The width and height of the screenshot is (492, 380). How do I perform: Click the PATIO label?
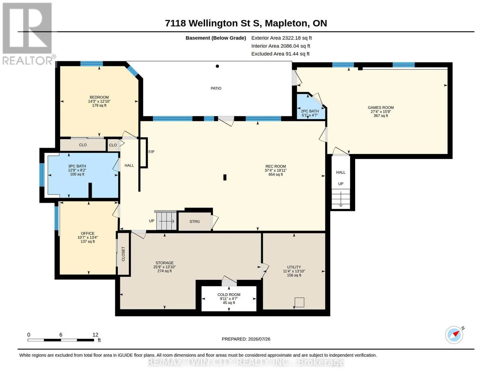[216, 88]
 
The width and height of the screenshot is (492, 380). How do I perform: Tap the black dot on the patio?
[217, 66]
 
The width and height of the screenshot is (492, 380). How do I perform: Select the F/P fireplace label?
[151, 152]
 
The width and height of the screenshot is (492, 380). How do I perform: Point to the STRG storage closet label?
[195, 222]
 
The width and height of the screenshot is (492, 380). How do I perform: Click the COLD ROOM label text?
[229, 295]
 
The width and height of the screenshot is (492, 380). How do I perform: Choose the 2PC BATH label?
[310, 111]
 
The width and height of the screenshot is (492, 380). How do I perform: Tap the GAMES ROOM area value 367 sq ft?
[380, 116]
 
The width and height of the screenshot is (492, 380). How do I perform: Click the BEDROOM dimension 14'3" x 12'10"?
[99, 101]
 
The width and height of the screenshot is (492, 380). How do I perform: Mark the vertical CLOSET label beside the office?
[123, 254]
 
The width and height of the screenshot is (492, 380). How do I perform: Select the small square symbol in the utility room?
[299, 302]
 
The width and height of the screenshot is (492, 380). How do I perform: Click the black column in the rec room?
[225, 177]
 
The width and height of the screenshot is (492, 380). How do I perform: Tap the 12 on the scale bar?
[95, 335]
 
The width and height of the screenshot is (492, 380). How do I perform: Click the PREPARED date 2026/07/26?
[259, 339]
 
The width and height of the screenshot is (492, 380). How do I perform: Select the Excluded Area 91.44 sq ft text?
[280, 54]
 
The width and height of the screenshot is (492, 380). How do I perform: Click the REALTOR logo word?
[27, 61]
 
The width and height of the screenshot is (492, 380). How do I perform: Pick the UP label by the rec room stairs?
[151, 221]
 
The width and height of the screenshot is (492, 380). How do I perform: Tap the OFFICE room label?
[88, 233]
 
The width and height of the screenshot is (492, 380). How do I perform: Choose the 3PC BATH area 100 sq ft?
[77, 174]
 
